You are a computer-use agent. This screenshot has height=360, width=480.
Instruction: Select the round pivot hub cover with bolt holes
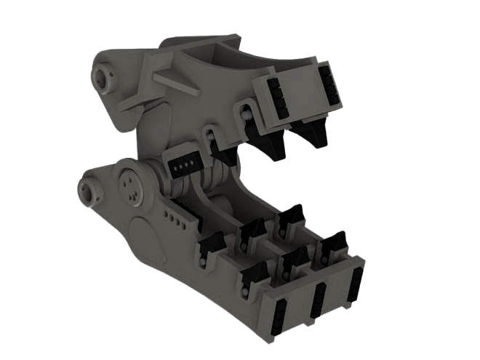point(132,185)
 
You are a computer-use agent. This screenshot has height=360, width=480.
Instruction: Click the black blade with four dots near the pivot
point(183,167)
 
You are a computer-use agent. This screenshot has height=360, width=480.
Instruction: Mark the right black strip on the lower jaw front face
point(356,282)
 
